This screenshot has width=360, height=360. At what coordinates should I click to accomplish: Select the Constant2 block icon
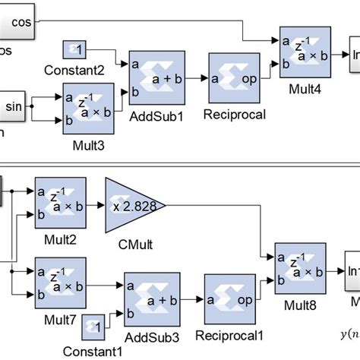pos(74,49)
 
